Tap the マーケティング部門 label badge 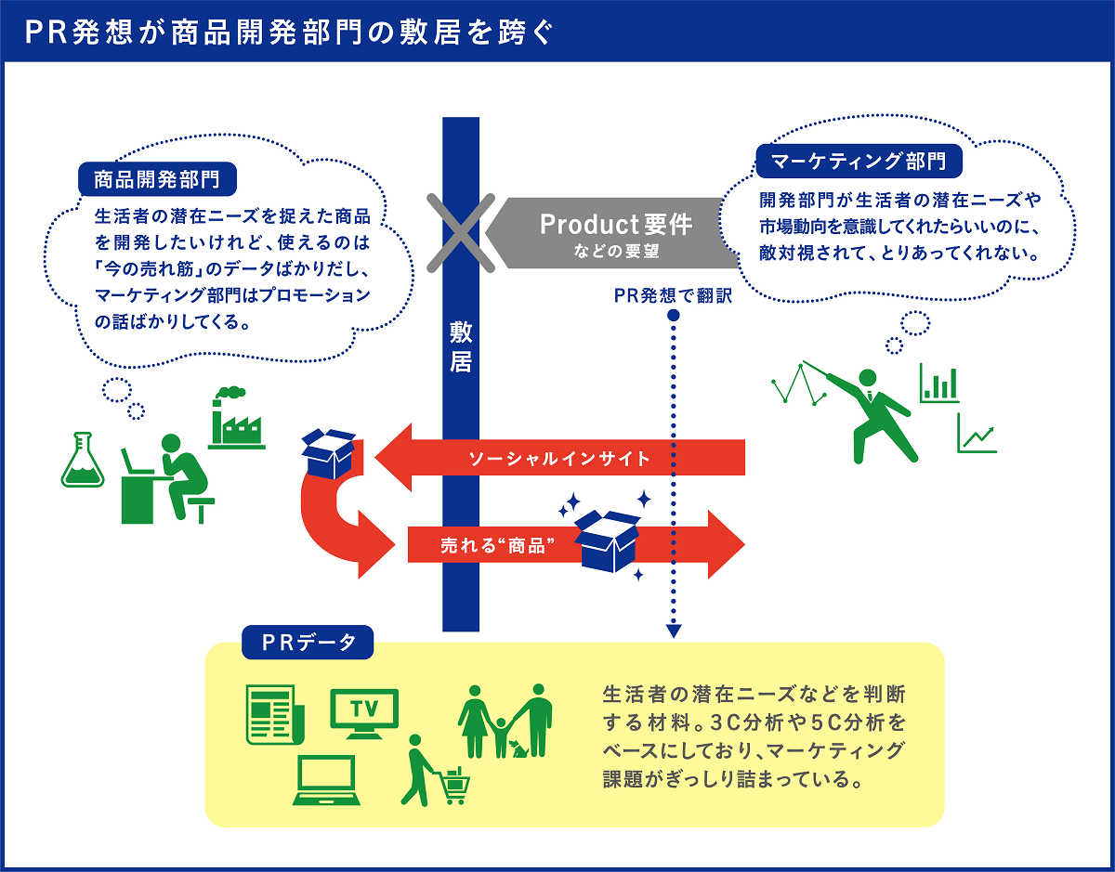[x=859, y=161]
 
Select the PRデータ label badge [x=308, y=642]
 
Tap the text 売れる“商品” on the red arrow [x=491, y=545]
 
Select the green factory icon [x=236, y=418]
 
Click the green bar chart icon [x=939, y=383]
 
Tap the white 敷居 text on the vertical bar [x=461, y=347]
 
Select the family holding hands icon [x=505, y=720]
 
